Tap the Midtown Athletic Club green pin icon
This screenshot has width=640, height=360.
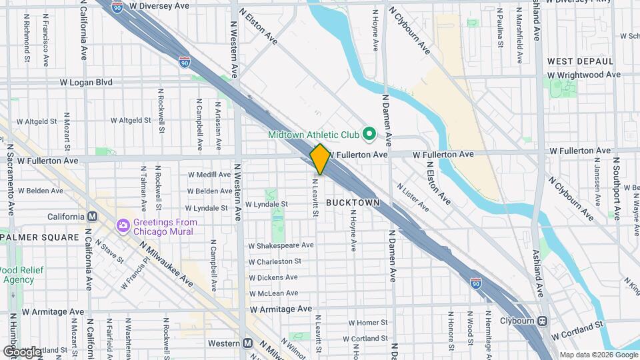pyautogui.click(x=369, y=135)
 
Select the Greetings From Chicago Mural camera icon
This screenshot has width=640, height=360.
pyautogui.click(x=123, y=226)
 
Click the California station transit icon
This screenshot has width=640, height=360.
pyautogui.click(x=92, y=217)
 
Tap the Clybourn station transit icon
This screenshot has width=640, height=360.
pyautogui.click(x=543, y=321)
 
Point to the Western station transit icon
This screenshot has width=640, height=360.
pyautogui.click(x=247, y=343)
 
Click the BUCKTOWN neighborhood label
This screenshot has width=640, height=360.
pyautogui.click(x=353, y=202)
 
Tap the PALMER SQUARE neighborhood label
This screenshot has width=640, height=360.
pyautogui.click(x=40, y=237)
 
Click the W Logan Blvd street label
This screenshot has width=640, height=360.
pyautogui.click(x=86, y=83)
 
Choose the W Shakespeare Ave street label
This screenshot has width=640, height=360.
pyautogui.click(x=281, y=245)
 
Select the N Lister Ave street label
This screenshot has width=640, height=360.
pyautogui.click(x=409, y=194)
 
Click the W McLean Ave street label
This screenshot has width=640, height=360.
pyautogui.click(x=274, y=293)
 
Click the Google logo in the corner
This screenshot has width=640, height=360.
pyautogui.click(x=22, y=351)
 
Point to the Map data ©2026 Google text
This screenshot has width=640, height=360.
pyautogui.click(x=598, y=354)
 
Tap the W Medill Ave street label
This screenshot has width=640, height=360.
pyautogui.click(x=209, y=175)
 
